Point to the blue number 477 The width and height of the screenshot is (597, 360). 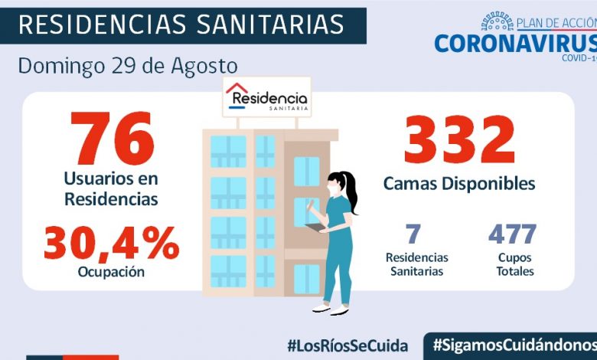tap(512, 234)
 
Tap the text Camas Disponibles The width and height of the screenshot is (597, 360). tap(459, 184)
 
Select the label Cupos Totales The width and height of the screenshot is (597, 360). tap(514, 264)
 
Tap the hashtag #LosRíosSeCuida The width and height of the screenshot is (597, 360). tap(347, 345)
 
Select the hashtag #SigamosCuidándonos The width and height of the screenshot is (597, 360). tap(514, 345)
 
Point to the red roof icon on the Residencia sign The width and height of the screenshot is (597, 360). tap(237, 88)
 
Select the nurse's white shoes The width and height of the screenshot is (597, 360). tap(331, 309)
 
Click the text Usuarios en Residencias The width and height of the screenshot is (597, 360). tap(111, 189)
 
